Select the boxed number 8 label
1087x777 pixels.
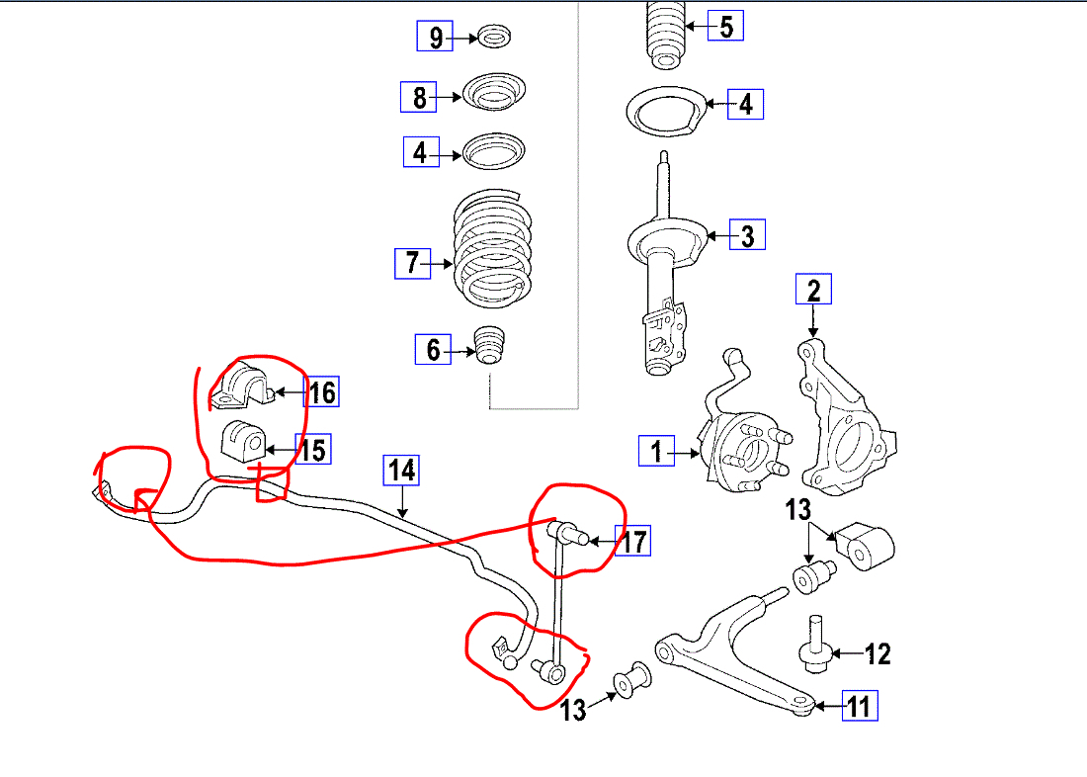(x=419, y=97)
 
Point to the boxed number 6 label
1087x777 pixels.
(x=433, y=349)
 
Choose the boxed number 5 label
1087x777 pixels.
(x=725, y=25)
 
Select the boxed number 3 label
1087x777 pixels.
(x=747, y=235)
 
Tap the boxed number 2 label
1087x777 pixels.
(x=814, y=291)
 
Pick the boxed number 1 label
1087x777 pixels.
(x=656, y=451)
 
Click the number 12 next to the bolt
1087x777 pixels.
(x=878, y=653)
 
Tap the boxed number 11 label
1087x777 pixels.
(x=859, y=706)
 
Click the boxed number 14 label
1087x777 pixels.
(x=402, y=472)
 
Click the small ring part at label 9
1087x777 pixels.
(x=493, y=38)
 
